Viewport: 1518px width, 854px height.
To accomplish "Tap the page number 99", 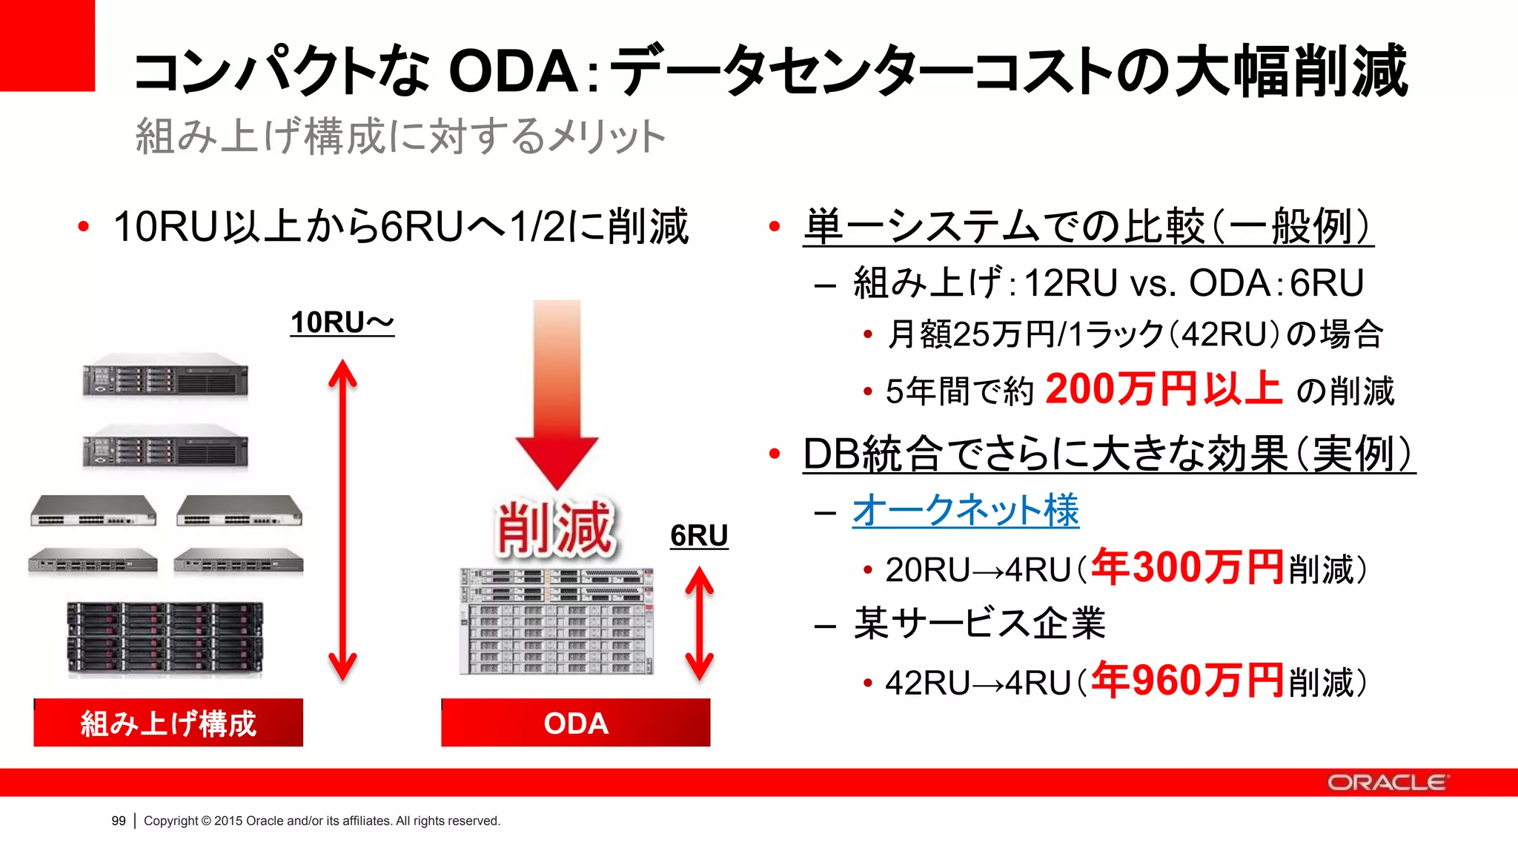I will pos(119,821).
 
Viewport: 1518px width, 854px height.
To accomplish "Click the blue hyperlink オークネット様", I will pos(965,511).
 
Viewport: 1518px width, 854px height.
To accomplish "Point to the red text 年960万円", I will pos(1187,681).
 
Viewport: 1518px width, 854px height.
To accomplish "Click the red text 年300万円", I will pos(1187,568).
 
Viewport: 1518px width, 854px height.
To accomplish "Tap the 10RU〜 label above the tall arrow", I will pos(342,322).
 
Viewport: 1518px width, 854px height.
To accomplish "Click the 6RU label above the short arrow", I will pos(699,535).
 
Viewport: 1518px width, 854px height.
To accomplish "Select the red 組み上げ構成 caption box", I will pos(168,723).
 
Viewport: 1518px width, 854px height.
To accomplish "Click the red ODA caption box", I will pos(576,723).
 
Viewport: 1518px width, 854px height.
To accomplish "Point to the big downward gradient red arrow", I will pos(557,393).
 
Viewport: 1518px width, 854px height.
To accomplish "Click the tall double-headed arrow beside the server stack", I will pos(342,519).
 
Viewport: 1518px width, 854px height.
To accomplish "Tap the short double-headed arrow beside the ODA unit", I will pos(699,623).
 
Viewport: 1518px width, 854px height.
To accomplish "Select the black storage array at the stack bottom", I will pos(165,638).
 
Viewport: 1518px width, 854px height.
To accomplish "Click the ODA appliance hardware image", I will pos(557,621).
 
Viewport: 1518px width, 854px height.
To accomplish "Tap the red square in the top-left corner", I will pos(47,44).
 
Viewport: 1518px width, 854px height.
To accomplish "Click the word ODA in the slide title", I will pos(514,72).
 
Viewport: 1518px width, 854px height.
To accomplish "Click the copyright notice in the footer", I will pos(322,821).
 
